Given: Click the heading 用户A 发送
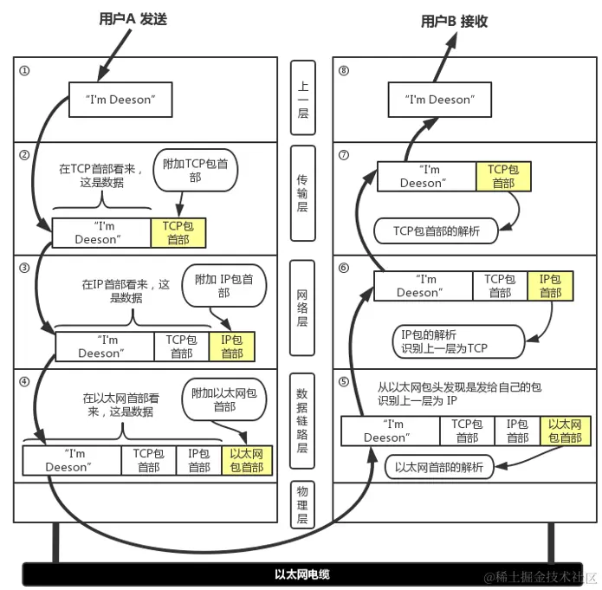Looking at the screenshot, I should [133, 19].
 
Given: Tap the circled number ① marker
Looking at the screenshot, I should [24, 70].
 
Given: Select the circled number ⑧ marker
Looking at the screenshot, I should [344, 70].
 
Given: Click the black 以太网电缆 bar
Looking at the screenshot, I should [301, 574].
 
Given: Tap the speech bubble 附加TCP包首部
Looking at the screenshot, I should [195, 169].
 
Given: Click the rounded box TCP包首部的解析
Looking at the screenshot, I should [437, 230].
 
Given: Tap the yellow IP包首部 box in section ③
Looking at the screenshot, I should [232, 347].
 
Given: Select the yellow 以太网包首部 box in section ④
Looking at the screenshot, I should [247, 460].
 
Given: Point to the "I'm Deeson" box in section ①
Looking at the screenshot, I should [121, 100].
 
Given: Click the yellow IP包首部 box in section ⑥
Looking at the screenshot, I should [550, 286].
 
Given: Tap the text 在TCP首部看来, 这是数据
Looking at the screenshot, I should [103, 176].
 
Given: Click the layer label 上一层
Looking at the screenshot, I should [302, 100].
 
